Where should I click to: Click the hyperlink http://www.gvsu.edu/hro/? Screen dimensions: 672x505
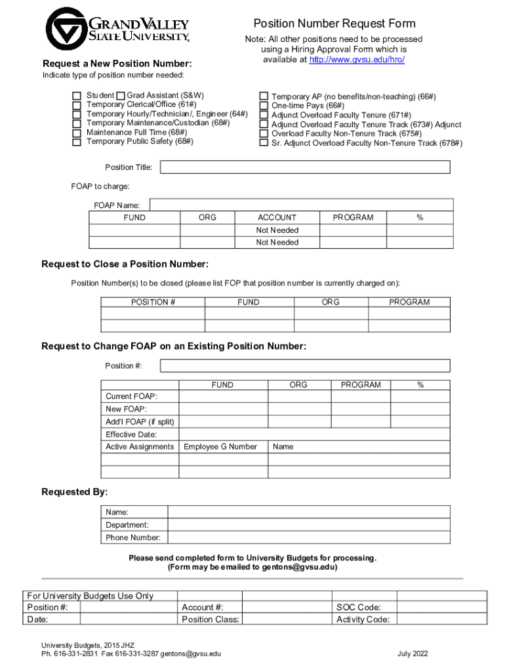coord(357,60)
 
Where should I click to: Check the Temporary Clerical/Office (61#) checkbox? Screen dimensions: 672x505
coord(77,105)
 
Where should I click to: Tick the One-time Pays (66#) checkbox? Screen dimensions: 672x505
coord(264,106)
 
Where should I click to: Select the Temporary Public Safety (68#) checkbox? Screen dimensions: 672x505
coord(77,142)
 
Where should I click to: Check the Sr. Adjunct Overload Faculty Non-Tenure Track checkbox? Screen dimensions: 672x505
coord(264,142)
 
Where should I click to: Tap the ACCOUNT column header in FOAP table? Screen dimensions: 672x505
coord(277,217)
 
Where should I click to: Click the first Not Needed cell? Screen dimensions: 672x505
coord(277,230)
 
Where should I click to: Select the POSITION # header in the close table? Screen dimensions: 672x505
coord(153,303)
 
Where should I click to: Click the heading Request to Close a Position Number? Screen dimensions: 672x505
coord(125,264)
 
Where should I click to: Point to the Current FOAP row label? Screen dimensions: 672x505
coord(132,396)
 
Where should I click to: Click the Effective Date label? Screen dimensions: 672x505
coord(131,434)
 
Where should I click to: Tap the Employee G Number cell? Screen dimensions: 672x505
coord(220,447)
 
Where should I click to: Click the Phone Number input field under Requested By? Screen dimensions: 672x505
coord(309,537)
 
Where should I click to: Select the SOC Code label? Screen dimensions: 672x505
coord(359,608)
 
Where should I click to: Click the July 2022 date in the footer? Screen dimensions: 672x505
coord(413,654)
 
